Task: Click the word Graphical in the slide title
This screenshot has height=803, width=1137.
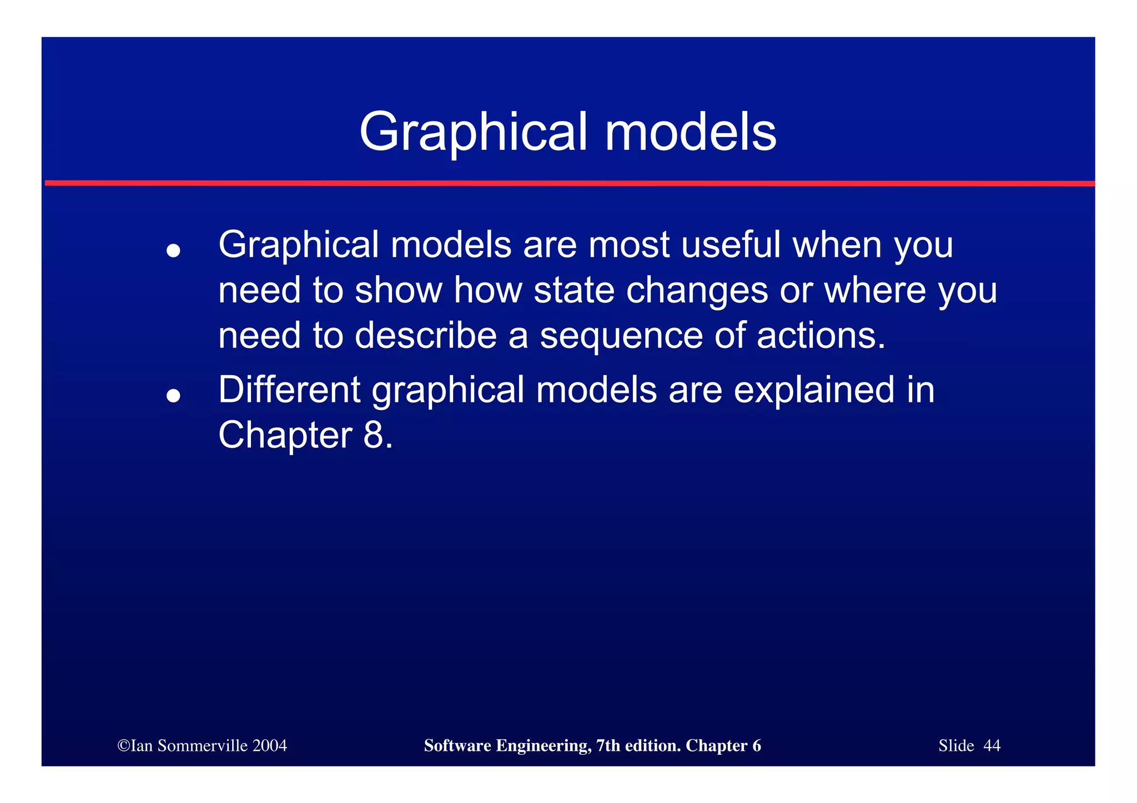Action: pos(472,133)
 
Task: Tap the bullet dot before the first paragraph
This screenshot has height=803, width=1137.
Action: pos(174,251)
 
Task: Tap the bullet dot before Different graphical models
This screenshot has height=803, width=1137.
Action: pos(174,395)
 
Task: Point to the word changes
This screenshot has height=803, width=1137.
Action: pos(697,290)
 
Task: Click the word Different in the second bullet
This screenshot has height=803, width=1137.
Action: pos(289,390)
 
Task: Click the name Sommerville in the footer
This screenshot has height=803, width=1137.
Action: pos(202,745)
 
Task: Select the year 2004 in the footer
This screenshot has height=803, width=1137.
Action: pos(269,745)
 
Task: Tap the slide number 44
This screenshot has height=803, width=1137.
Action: pos(992,745)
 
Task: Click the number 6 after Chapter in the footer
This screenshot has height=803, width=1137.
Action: pos(757,745)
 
